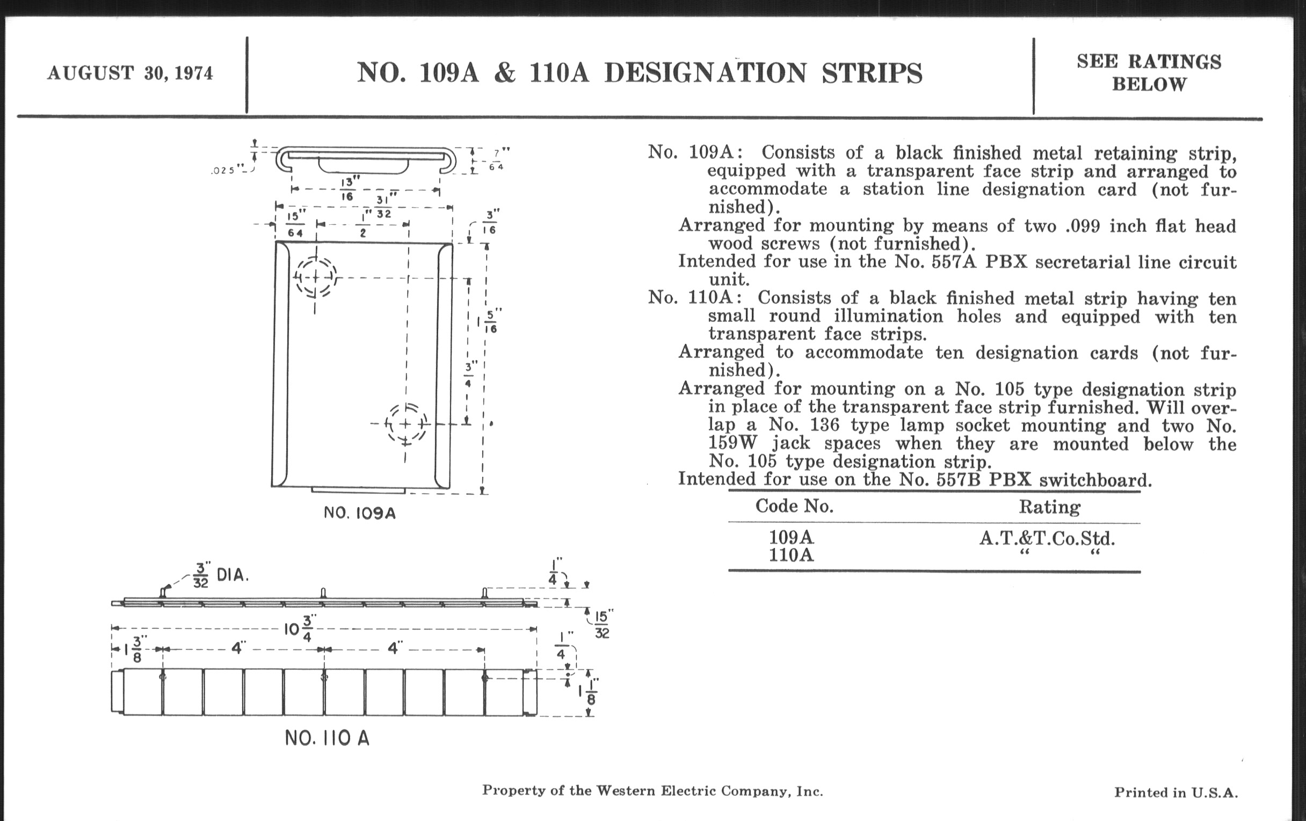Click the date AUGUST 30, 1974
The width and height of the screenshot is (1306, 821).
(130, 73)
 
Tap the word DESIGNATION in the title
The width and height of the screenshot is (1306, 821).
(705, 73)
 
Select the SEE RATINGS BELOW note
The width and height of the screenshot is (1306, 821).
(1149, 73)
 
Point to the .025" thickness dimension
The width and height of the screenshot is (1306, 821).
(224, 170)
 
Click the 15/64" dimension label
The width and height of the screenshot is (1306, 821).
(296, 224)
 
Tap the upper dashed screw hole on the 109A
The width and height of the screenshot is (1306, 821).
(315, 277)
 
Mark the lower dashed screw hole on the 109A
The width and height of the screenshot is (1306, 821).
(405, 423)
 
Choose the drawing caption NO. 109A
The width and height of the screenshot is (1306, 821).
(360, 512)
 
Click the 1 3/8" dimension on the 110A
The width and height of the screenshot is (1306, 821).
(132, 649)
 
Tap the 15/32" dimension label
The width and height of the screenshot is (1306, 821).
(602, 624)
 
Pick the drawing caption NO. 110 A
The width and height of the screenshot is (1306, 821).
(327, 738)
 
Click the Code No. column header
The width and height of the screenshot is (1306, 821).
(795, 506)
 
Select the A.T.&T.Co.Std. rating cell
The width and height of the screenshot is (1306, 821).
(1047, 538)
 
